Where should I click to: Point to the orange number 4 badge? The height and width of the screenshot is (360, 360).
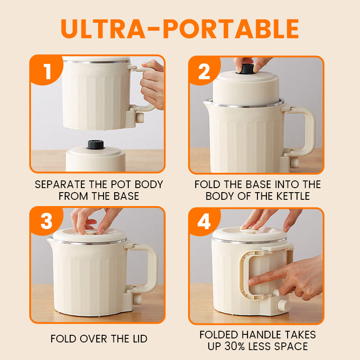(x=204, y=221)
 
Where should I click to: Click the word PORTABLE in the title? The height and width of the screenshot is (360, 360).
(x=231, y=29)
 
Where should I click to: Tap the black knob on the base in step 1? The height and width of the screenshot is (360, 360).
(x=95, y=144)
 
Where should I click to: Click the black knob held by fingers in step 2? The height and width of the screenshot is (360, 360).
(x=245, y=69)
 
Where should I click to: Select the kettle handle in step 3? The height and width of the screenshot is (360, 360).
(x=152, y=267)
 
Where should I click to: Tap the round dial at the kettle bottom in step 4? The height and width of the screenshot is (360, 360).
(x=284, y=306)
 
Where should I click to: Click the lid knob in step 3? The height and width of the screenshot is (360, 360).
(x=91, y=232)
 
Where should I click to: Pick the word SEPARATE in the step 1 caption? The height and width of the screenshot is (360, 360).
(x=60, y=184)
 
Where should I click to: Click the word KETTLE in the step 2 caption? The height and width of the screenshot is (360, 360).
(x=293, y=196)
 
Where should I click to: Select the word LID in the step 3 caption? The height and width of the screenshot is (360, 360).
(x=140, y=339)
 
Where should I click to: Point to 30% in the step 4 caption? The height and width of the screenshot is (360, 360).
(x=234, y=346)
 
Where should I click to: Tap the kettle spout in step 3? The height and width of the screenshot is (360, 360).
(x=50, y=240)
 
